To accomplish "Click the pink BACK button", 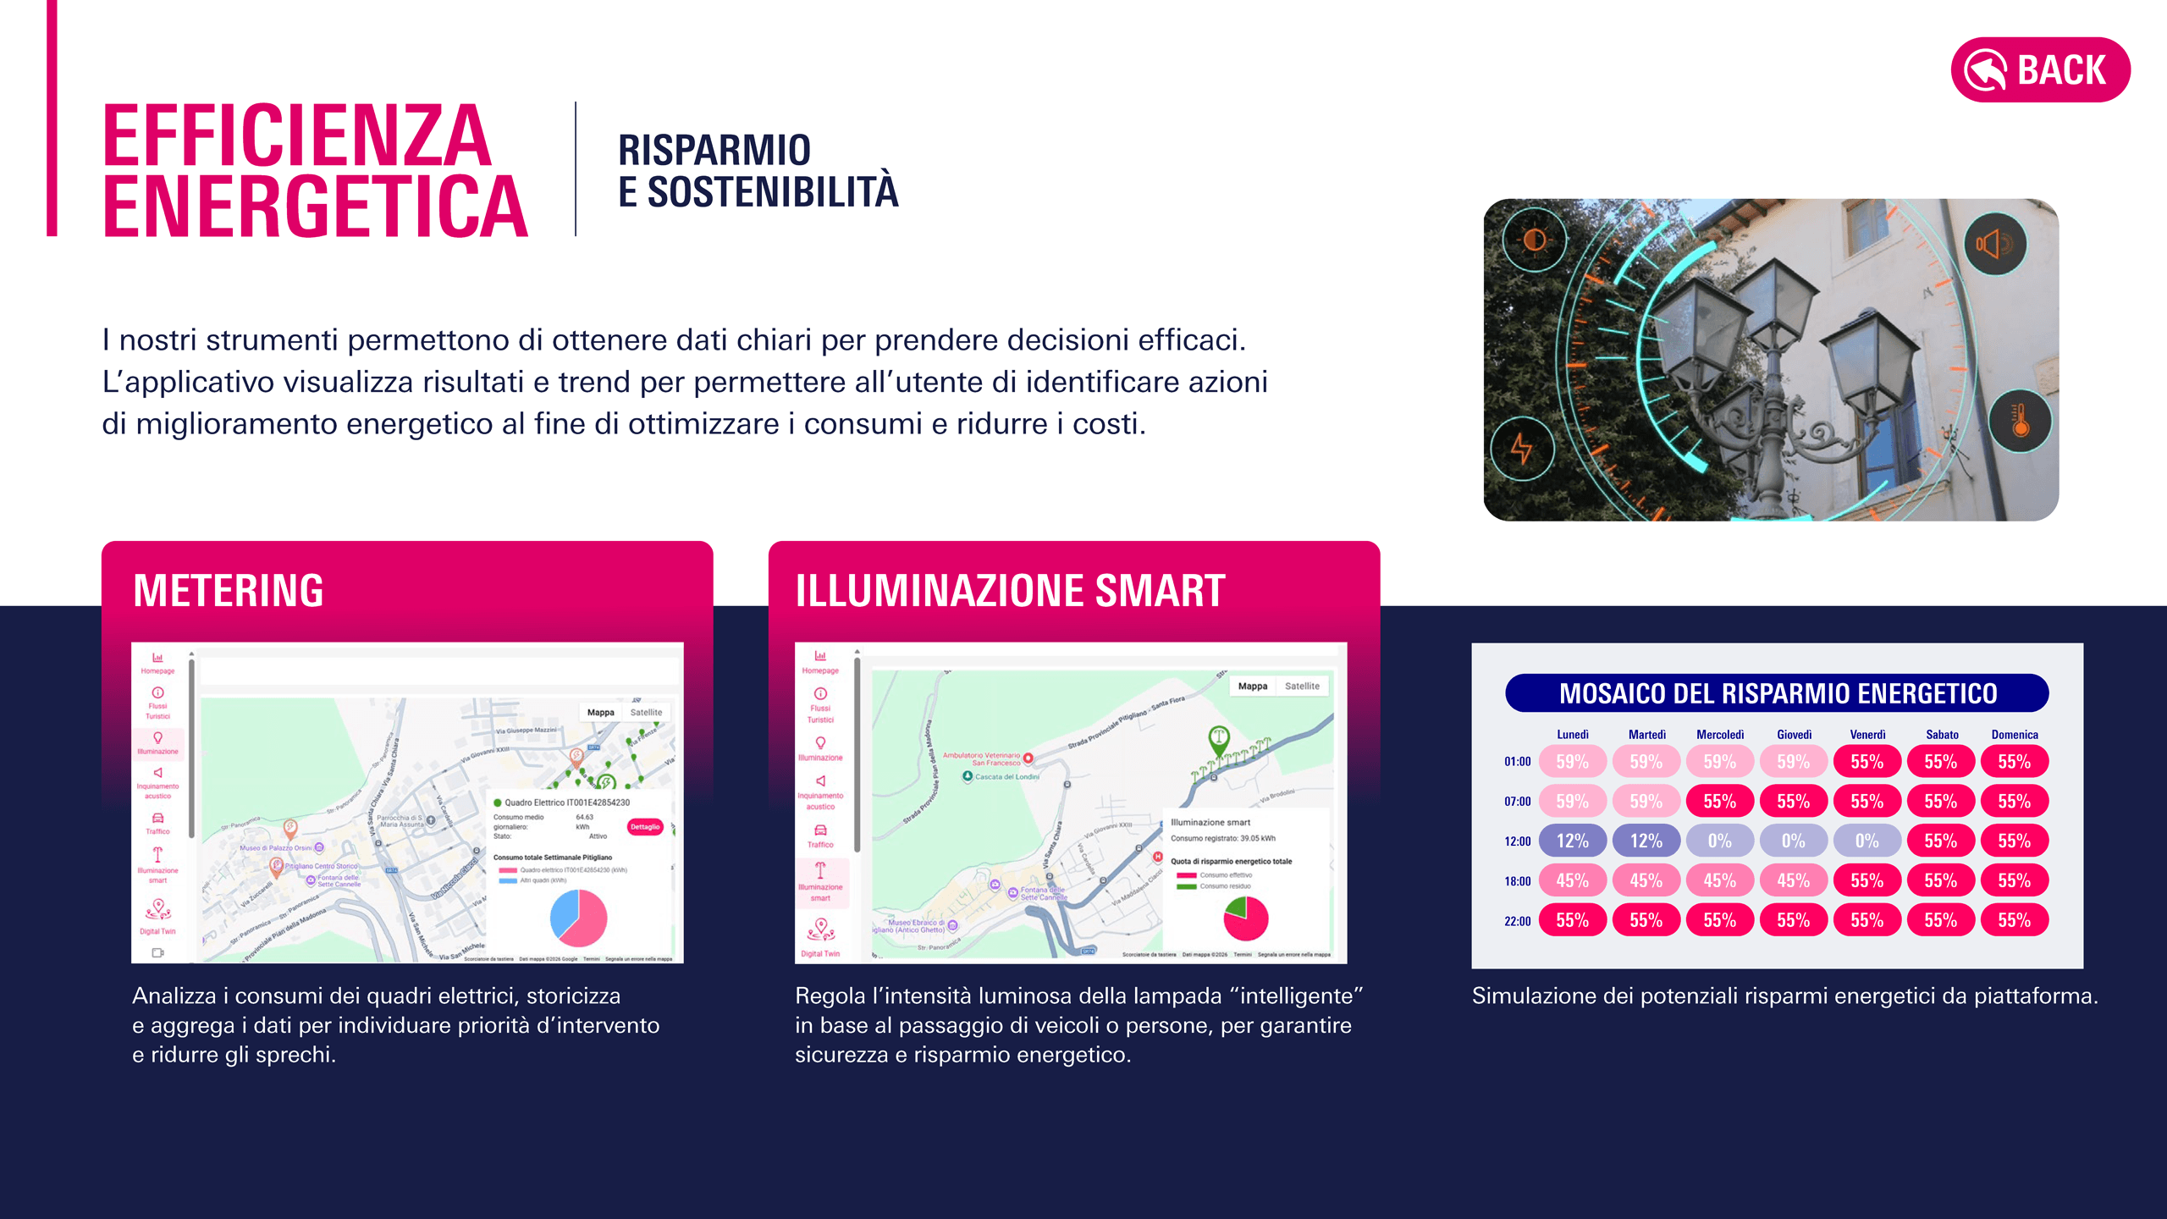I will (x=2040, y=69).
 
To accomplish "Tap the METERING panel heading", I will (x=229, y=590).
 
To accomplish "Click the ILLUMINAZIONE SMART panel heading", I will (x=1010, y=590).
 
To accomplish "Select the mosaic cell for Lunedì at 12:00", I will (x=1572, y=841).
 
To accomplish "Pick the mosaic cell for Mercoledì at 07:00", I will (x=1719, y=801).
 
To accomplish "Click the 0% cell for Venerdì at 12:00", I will (x=1866, y=841).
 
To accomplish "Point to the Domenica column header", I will (x=2014, y=735).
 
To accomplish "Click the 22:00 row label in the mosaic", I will (x=1517, y=921).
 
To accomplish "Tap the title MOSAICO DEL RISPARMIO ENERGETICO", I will (x=1777, y=693).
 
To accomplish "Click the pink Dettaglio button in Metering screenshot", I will (x=644, y=826).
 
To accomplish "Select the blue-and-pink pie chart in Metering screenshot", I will (x=578, y=918).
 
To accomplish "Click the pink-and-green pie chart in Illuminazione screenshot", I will (x=1246, y=918).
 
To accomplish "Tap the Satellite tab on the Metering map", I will (x=646, y=712).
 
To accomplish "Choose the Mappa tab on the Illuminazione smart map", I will (x=1252, y=686).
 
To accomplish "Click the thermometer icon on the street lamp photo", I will (x=2020, y=421).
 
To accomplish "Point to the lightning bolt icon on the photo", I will (x=1522, y=448).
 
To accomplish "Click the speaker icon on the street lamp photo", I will (x=1994, y=245).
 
